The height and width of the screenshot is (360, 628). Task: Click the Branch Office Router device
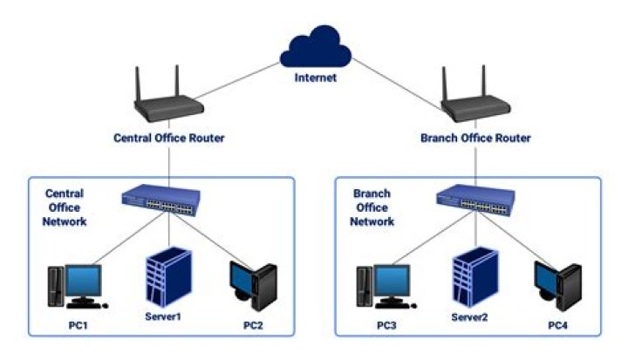[474, 102]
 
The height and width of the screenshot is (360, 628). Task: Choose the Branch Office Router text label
[475, 138]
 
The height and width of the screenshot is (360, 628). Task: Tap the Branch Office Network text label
[372, 207]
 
